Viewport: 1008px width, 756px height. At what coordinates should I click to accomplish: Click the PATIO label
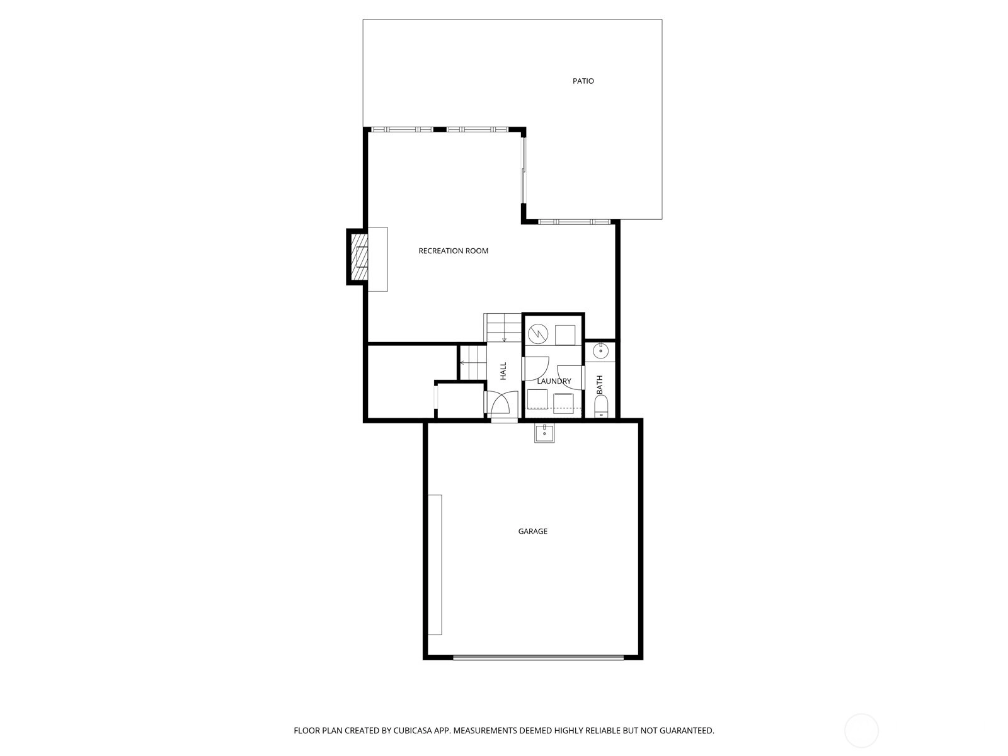583,81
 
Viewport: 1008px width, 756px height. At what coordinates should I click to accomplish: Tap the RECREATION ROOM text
453,251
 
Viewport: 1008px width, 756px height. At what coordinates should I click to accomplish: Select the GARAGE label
533,531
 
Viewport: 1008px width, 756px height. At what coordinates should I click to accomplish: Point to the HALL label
503,371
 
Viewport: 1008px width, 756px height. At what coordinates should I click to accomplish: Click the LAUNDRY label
554,381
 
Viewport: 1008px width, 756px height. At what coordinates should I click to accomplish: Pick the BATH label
599,385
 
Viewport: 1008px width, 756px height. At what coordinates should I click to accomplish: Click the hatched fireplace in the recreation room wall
359,258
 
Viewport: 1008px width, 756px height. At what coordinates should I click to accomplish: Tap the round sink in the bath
600,352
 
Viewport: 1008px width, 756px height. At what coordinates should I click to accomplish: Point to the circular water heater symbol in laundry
538,334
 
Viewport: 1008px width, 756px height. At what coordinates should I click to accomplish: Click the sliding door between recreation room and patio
524,170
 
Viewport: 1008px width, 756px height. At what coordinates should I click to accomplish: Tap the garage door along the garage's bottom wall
538,657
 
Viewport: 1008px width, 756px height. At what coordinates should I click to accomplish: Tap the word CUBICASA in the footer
413,730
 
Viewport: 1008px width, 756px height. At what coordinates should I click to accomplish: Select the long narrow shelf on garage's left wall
435,564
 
